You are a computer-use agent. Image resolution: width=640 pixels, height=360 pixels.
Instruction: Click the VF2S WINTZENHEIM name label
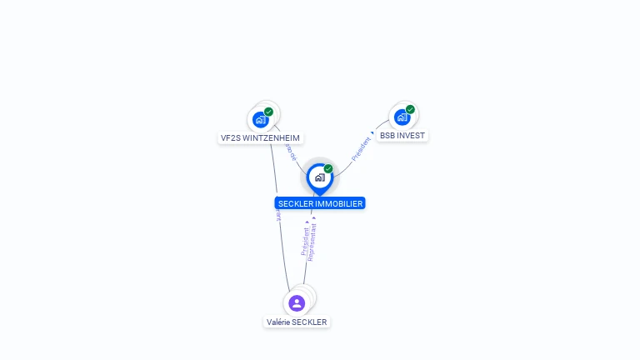[260, 138]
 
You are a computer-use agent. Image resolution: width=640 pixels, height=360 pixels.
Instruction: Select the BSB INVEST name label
[402, 135]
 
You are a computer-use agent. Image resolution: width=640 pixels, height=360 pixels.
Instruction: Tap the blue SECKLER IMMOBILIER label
[320, 203]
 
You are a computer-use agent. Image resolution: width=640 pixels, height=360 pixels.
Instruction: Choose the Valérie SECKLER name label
[297, 322]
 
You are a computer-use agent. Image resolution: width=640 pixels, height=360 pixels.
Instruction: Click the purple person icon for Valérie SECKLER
[297, 302]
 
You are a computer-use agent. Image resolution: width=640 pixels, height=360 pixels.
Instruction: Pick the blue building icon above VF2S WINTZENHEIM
[260, 119]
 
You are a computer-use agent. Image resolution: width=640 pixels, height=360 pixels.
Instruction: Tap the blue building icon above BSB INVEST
[402, 117]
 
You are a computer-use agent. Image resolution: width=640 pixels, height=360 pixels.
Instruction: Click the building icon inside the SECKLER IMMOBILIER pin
[319, 177]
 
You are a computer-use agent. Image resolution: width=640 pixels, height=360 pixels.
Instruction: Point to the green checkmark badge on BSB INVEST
[411, 109]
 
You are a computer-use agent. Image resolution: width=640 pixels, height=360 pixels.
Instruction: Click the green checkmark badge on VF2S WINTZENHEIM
[268, 112]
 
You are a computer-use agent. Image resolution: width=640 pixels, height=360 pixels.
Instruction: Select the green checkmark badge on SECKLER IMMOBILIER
[328, 169]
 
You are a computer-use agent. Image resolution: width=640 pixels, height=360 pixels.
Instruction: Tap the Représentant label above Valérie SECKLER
[312, 242]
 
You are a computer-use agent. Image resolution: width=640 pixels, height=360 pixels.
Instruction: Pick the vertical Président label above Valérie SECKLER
[305, 240]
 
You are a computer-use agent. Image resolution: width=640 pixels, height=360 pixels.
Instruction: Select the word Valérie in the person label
[277, 322]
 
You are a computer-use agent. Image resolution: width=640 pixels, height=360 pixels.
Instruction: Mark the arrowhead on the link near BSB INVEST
[372, 133]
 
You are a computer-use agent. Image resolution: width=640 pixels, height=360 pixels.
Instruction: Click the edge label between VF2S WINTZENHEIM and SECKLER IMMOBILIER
[290, 151]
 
